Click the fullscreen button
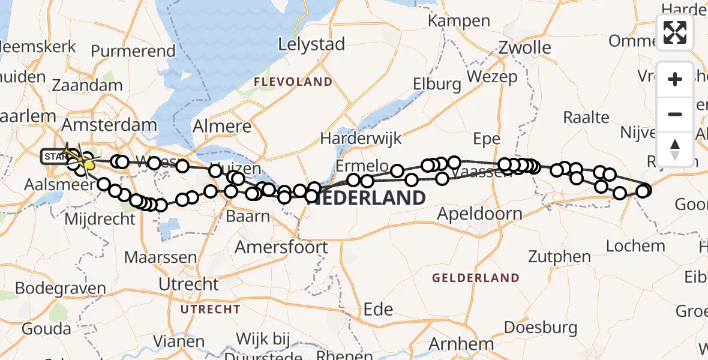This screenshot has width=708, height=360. pyautogui.click(x=675, y=32)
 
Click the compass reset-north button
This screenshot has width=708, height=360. pyautogui.click(x=675, y=149)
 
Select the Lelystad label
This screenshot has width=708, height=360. pyautogui.click(x=311, y=44)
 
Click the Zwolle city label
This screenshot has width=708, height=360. pyautogui.click(x=525, y=47)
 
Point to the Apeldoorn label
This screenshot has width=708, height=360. pyautogui.click(x=479, y=214)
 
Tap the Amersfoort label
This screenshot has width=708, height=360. pyautogui.click(x=281, y=247)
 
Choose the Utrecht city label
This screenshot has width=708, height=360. pyautogui.click(x=189, y=283)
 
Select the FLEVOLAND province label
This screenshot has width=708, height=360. pyautogui.click(x=293, y=82)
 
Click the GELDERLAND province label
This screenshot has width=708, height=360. pyautogui.click(x=475, y=278)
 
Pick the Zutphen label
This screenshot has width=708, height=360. pyautogui.click(x=560, y=257)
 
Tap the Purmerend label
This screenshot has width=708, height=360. pyautogui.click(x=133, y=52)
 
